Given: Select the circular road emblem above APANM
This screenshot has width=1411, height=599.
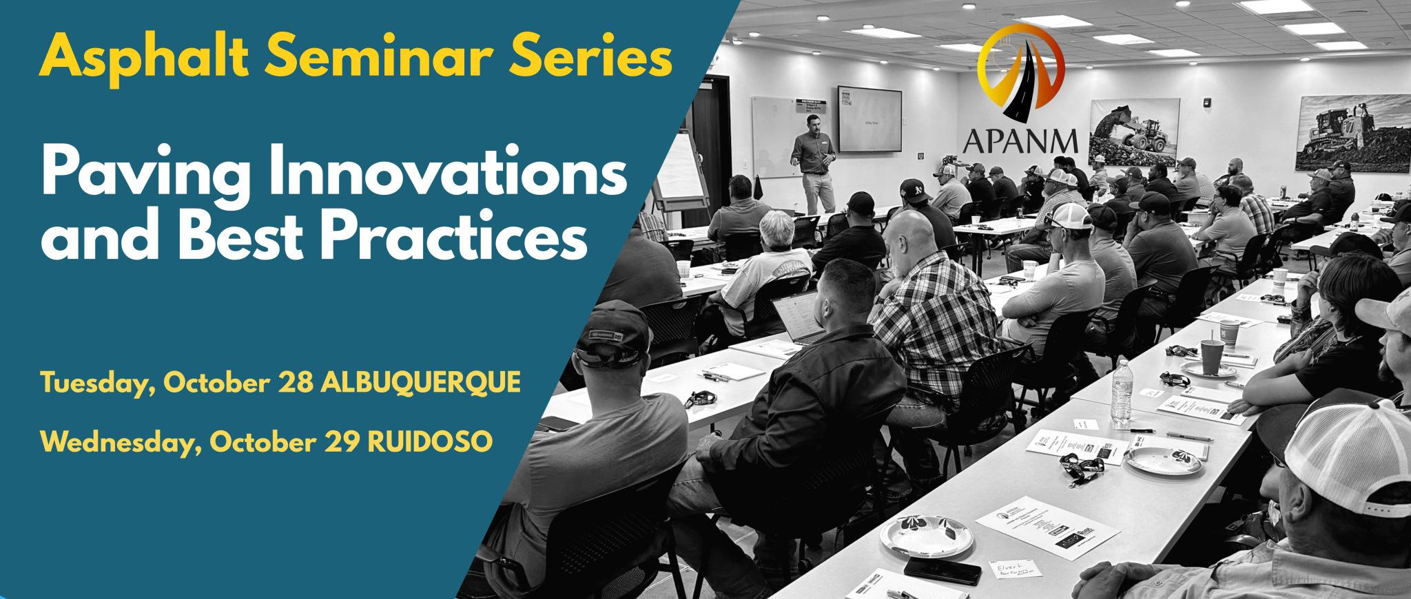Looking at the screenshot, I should [1022, 69].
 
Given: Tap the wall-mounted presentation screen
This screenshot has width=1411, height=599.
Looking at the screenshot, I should [869, 118].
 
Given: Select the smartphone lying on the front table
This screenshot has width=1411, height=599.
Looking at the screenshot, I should [942, 571].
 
